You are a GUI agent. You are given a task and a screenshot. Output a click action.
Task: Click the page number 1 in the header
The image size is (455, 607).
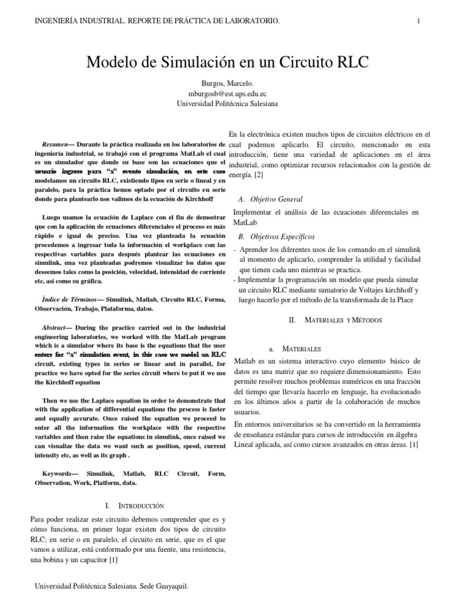tap(418, 21)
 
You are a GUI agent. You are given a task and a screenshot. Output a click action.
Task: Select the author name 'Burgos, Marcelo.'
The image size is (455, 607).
tap(227, 84)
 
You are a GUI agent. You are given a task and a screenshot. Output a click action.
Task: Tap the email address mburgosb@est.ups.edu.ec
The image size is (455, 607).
tap(227, 94)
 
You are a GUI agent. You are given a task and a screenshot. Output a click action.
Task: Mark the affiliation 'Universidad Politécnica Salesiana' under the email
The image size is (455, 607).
tap(227, 103)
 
